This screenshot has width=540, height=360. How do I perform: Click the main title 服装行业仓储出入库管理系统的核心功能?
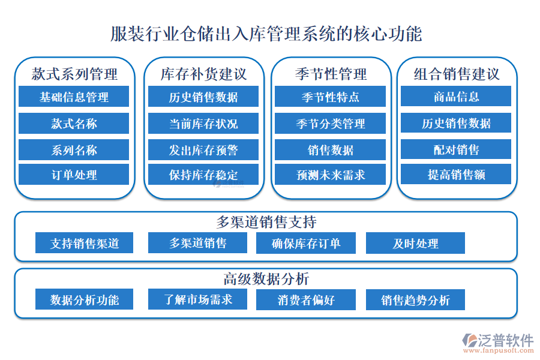pos(266,34)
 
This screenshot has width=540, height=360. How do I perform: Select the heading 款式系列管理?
pos(74,74)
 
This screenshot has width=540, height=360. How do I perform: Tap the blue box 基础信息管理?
pos(74,97)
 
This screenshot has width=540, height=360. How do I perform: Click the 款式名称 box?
pos(74,124)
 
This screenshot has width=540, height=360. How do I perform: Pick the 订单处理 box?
pos(74,175)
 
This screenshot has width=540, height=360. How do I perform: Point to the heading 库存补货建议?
pos(203,74)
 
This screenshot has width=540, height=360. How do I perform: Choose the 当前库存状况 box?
pos(203,124)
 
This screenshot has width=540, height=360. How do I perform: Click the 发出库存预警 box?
pos(203,150)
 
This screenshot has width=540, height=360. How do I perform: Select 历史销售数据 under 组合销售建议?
pos(456,123)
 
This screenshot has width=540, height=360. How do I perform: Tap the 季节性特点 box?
pos(330,97)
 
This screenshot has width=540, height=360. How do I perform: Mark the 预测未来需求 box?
pos(330,175)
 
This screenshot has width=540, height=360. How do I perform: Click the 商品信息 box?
pos(456,96)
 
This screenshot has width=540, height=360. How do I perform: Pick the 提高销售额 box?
pos(456,174)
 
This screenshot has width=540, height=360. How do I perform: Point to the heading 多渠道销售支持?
pos(266,222)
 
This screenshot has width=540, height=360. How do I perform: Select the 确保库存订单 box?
pos(306,243)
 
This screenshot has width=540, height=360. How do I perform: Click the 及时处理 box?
pos(415,243)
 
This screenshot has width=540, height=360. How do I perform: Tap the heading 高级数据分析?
pos(266,278)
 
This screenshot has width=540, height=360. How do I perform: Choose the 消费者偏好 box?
pos(306,300)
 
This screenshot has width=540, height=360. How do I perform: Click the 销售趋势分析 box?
pos(415,300)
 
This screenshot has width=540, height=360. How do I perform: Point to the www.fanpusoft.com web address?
pos(499,350)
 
